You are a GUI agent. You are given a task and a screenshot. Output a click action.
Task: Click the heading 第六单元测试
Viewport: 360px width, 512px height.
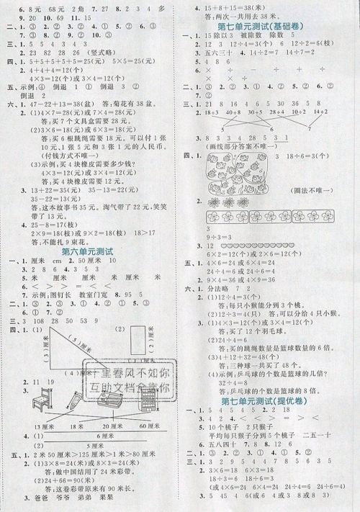[x=89, y=252]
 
